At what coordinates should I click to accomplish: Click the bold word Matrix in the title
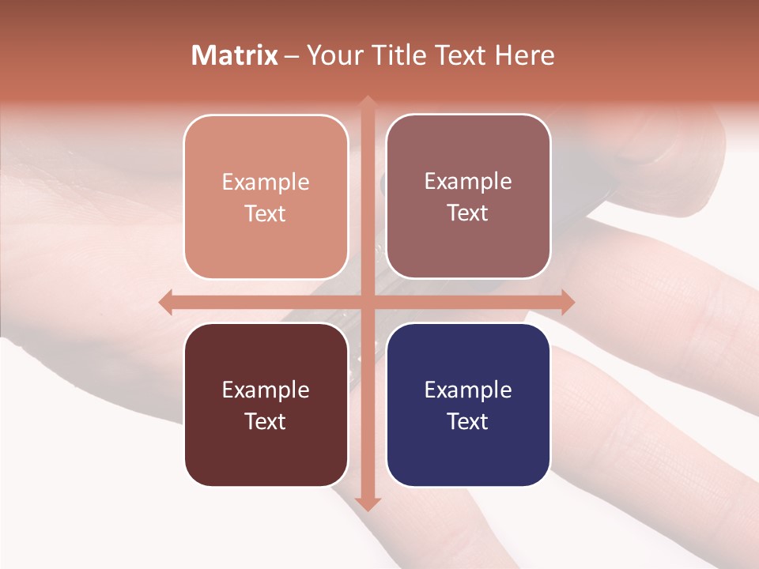click(235, 55)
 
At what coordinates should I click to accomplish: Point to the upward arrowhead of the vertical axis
click(367, 104)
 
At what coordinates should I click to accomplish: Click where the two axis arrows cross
click(367, 302)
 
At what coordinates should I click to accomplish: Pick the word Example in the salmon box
click(266, 182)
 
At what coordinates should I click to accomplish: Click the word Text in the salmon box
click(266, 213)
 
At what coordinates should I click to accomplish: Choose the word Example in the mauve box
click(468, 181)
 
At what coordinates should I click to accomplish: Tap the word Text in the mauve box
click(468, 213)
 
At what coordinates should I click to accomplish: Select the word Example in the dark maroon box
click(266, 390)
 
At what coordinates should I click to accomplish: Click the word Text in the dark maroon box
click(266, 421)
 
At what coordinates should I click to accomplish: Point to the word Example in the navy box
click(468, 390)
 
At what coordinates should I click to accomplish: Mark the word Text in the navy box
click(468, 421)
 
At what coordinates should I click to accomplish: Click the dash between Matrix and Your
click(293, 56)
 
